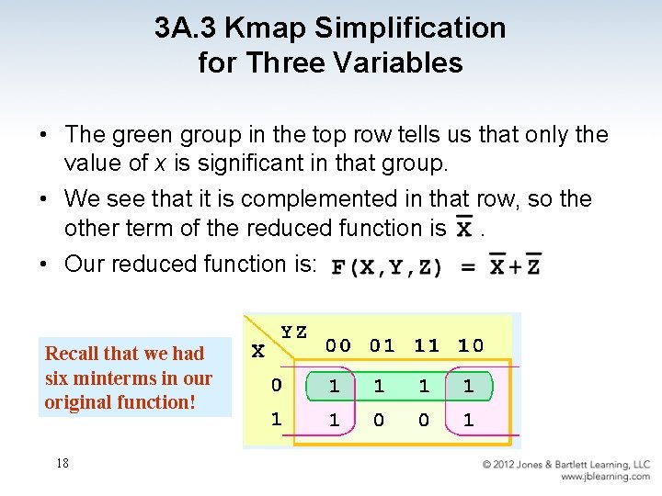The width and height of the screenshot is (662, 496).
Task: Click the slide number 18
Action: [x=63, y=463]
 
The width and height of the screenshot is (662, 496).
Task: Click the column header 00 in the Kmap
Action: [x=338, y=345]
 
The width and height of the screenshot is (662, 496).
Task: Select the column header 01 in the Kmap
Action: [x=382, y=345]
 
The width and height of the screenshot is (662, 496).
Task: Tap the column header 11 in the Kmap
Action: [x=427, y=345]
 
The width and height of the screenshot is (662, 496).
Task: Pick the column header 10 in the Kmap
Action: [x=471, y=345]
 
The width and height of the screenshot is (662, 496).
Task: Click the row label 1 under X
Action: [x=275, y=419]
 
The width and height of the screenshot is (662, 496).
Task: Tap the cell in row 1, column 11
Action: [x=424, y=420]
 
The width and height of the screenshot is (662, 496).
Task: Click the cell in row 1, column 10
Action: [x=469, y=420]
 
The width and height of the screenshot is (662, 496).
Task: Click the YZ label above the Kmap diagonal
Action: [x=294, y=332]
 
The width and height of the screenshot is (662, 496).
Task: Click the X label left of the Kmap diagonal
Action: [x=258, y=351]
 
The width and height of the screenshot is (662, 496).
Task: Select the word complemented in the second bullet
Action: [x=303, y=199]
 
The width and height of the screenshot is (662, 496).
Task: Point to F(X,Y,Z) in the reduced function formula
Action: [x=387, y=267]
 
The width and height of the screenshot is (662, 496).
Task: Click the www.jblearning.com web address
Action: [x=605, y=477]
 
